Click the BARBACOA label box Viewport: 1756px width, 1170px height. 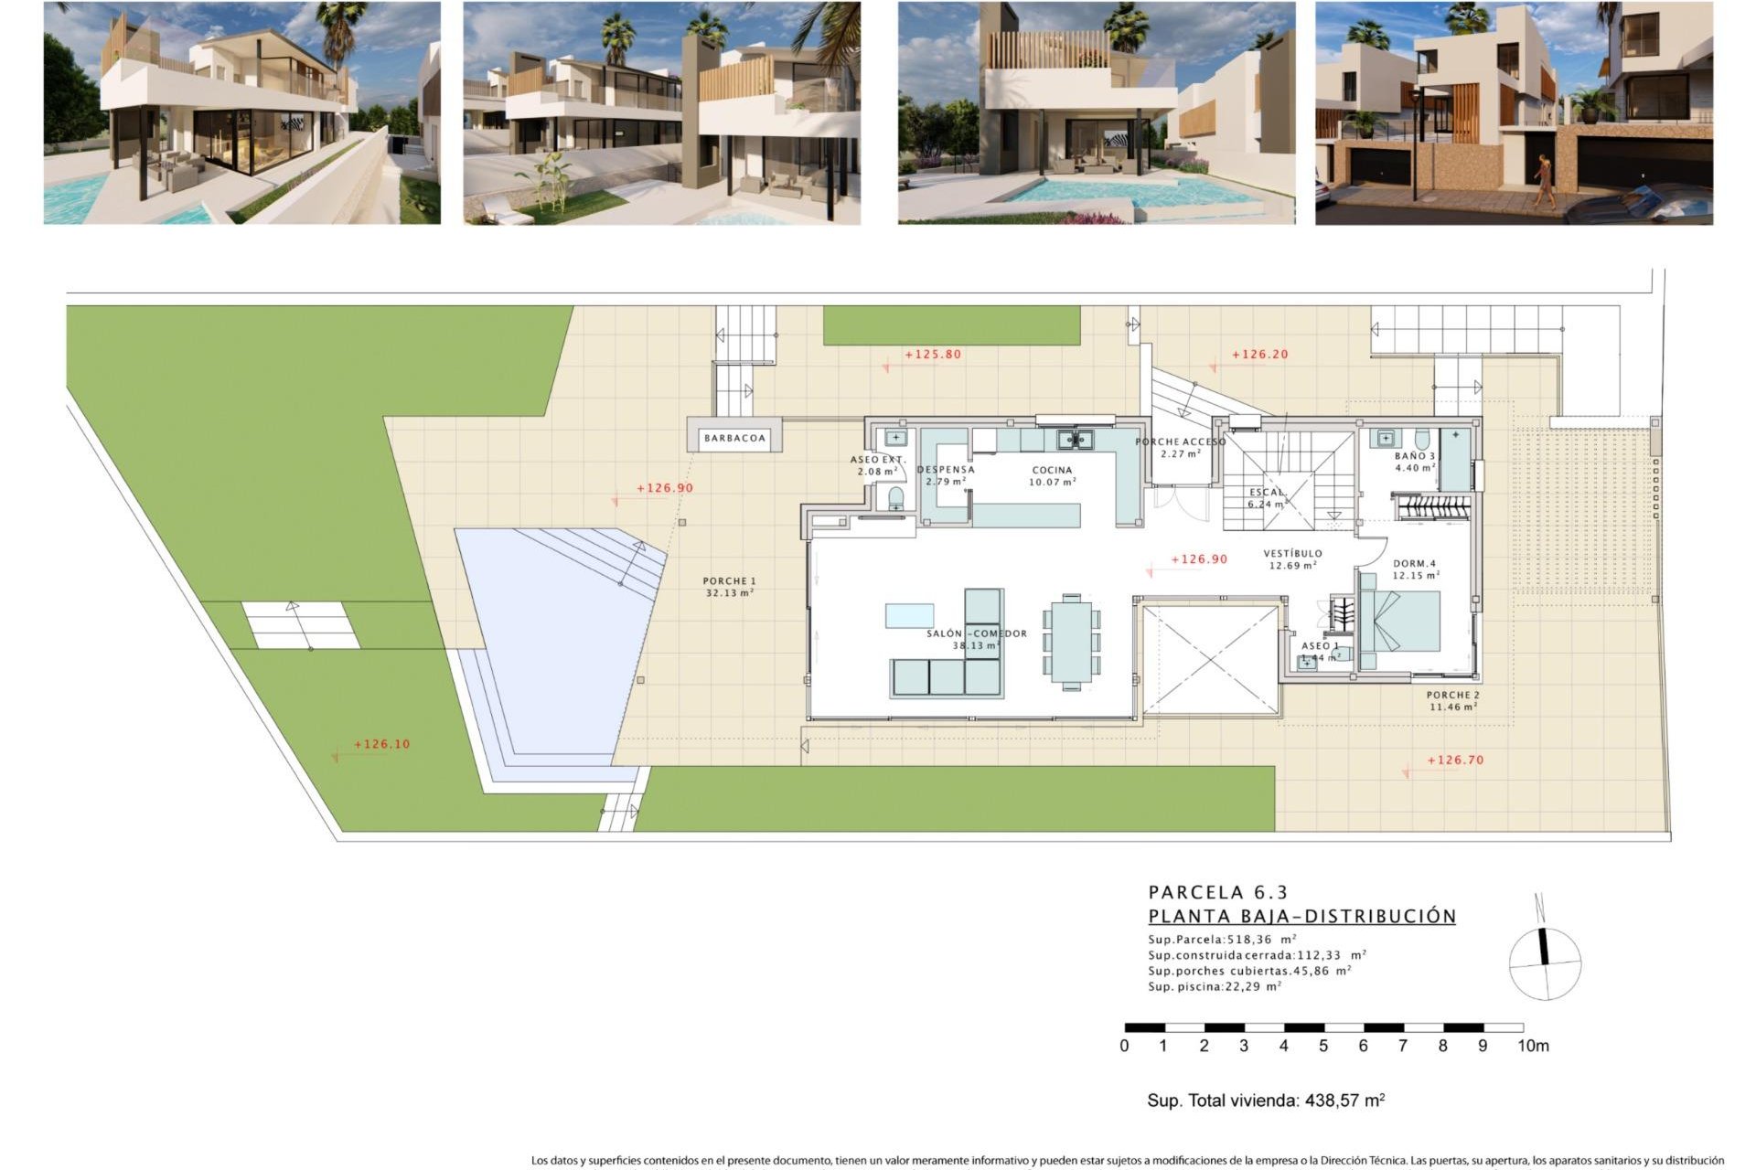point(734,438)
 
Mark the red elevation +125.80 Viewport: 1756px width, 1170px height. point(933,355)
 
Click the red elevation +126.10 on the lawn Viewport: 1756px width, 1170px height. point(381,744)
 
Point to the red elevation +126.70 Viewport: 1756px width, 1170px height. point(1454,760)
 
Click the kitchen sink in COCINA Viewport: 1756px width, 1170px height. point(1076,441)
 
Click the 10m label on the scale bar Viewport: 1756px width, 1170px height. point(1533,1046)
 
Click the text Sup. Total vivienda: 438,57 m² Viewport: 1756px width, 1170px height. point(1266,1101)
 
